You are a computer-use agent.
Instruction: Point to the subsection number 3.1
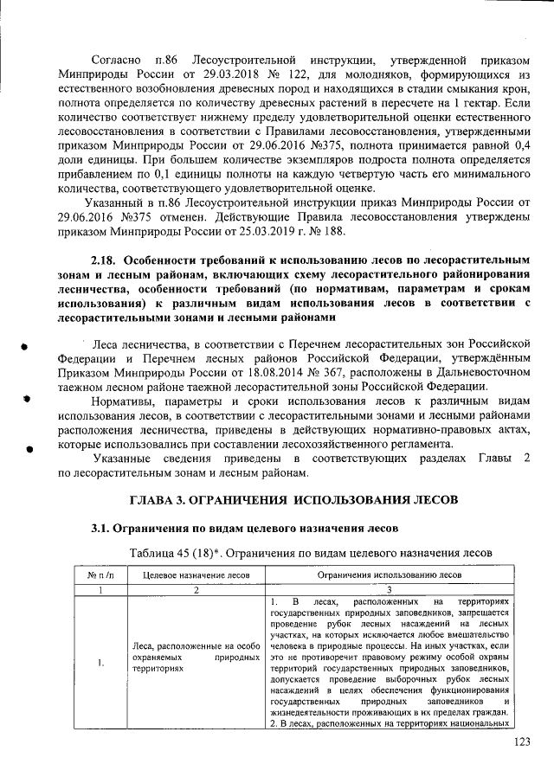[x=104, y=529]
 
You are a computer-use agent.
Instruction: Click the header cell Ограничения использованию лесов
[x=389, y=574]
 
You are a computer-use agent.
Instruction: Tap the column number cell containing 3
[x=390, y=588]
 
